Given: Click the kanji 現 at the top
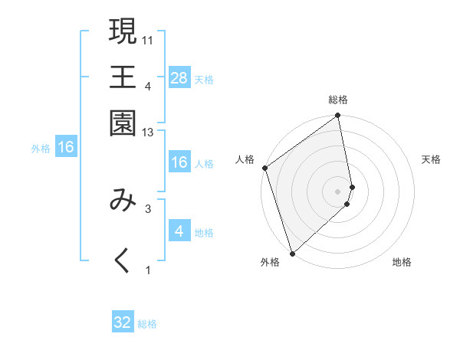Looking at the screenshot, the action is [123, 31].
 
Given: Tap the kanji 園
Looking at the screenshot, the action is [123, 122].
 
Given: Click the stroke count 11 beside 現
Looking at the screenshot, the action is [148, 40].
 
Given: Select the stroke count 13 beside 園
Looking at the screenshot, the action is [148, 133].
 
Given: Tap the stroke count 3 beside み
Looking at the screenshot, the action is [148, 208].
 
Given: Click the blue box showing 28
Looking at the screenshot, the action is [179, 77].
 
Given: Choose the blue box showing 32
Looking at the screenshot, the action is [123, 322].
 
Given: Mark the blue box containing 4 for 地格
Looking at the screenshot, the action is [179, 231].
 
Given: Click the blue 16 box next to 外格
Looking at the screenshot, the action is [66, 147].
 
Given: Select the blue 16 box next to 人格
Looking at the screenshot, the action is [179, 162].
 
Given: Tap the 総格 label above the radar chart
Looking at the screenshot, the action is [338, 100].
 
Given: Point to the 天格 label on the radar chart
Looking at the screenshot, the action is [432, 159].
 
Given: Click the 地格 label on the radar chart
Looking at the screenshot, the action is [402, 263].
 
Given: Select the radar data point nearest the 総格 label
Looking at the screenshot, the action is [338, 116].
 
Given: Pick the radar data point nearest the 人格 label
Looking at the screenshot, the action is [264, 168].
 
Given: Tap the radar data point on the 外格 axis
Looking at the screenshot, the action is [292, 253].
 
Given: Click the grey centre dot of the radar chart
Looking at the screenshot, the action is [338, 191].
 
